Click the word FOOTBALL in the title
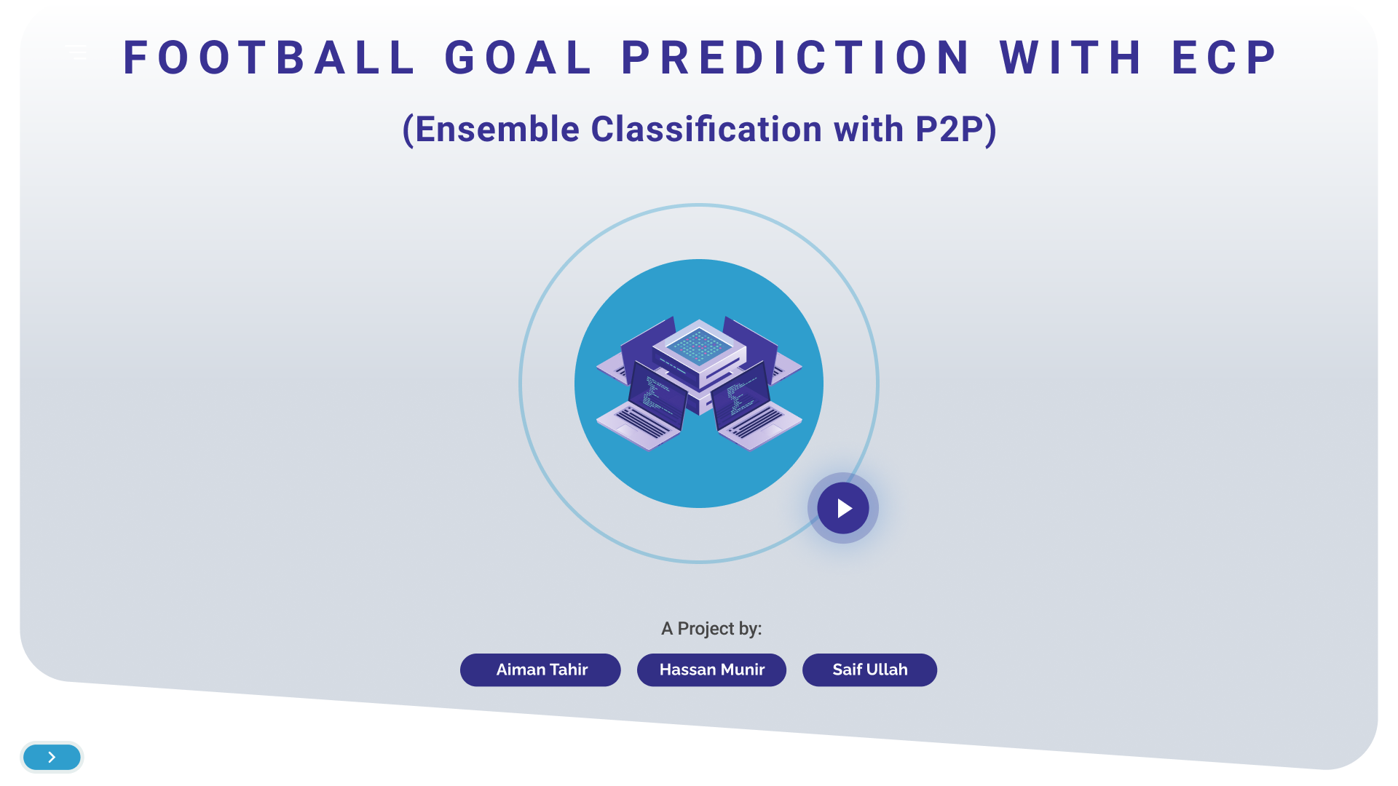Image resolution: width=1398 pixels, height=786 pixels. pyautogui.click(x=269, y=58)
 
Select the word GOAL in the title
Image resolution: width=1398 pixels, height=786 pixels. pyautogui.click(x=518, y=58)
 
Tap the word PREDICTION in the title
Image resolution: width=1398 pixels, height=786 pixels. pyautogui.click(x=796, y=58)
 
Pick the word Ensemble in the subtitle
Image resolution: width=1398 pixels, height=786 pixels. pyautogui.click(x=497, y=130)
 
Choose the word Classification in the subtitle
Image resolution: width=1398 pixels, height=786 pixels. pyautogui.click(x=707, y=130)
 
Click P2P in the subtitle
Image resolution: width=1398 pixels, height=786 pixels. pyautogui.click(x=948, y=130)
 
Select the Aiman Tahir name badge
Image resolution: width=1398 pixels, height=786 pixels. pyautogui.click(x=540, y=670)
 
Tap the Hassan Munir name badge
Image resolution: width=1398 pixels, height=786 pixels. pyautogui.click(x=711, y=670)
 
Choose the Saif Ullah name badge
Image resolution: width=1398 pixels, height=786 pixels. pyautogui.click(x=869, y=670)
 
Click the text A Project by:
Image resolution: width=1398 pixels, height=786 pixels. pyautogui.click(x=711, y=628)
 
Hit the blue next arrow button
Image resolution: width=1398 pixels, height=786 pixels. pyautogui.click(x=52, y=757)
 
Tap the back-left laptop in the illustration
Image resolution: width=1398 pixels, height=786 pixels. pyautogui.click(x=633, y=349)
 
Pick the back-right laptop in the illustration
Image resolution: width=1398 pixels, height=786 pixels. pyautogui.click(x=765, y=349)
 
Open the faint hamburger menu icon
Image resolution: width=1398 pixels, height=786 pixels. pyautogui.click(x=76, y=52)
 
